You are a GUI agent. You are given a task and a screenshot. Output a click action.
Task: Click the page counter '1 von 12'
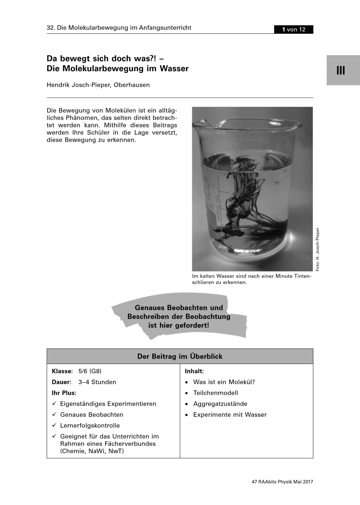293,29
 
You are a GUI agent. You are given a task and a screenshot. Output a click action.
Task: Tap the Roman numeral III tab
341,70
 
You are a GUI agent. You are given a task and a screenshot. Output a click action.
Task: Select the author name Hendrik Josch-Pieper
98,85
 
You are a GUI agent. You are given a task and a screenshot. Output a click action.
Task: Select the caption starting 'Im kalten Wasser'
251,279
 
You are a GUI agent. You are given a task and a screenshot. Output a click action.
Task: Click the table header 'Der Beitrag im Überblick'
180,356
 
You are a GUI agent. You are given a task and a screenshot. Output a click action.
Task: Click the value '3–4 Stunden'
97,382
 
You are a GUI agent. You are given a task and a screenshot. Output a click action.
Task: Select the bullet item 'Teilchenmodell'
215,393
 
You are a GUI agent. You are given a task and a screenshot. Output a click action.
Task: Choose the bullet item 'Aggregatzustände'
220,404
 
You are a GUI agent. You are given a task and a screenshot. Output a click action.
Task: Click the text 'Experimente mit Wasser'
230,415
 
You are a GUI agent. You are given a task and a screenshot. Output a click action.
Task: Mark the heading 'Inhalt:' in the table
194,371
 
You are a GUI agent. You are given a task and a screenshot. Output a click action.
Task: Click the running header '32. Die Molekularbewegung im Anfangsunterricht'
119,28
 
